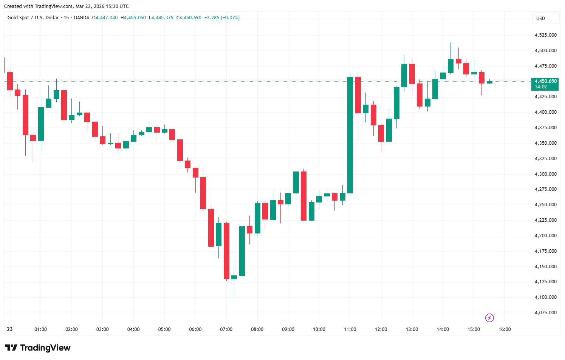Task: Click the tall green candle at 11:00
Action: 350,135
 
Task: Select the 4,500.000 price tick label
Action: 545,51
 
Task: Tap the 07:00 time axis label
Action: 226,329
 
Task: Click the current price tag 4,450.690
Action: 545,81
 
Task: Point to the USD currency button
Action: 541,19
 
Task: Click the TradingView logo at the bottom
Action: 37,348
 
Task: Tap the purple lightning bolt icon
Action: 489,318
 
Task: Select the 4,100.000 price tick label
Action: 545,297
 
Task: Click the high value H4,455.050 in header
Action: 133,18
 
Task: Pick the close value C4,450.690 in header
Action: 189,18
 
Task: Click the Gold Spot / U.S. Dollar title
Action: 33,18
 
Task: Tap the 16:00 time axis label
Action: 505,329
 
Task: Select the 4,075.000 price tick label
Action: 545,313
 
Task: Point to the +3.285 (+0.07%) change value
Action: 222,18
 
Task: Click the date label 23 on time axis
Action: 10,329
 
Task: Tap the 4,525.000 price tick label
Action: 545,35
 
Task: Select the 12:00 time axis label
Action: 381,329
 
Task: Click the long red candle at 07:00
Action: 226,251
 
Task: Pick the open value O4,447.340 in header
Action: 105,18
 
